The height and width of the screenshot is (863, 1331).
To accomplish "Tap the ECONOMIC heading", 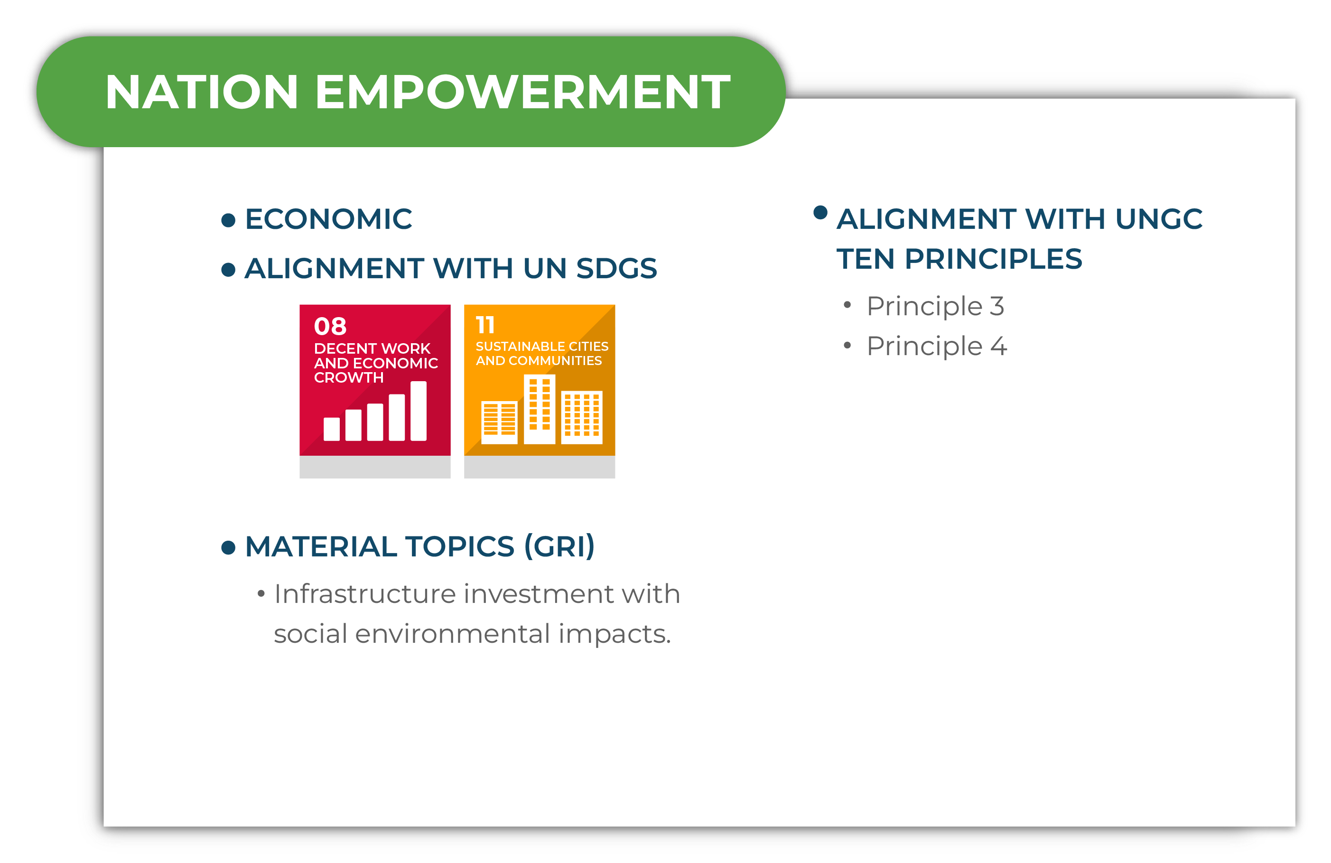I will (x=328, y=219).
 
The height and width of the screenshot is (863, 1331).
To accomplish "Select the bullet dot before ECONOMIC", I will (x=228, y=220).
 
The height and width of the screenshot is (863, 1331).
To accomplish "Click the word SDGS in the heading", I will (x=616, y=269).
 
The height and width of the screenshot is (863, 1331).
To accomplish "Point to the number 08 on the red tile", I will (x=330, y=326).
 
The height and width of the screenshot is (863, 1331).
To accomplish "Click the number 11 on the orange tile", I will (x=485, y=325).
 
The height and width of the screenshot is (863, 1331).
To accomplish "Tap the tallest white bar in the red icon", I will (x=419, y=411).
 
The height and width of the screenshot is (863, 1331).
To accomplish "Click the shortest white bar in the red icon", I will (x=332, y=429).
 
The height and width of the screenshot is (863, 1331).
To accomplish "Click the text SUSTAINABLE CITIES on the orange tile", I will (x=541, y=346).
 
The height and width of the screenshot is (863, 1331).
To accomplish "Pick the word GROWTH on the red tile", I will (x=348, y=377).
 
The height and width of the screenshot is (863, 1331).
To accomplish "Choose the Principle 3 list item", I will (x=935, y=306).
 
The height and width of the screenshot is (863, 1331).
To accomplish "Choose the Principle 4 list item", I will (x=937, y=346).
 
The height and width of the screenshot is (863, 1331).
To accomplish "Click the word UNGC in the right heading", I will (x=1159, y=219).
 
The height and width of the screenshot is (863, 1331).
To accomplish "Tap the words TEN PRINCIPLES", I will (x=959, y=259).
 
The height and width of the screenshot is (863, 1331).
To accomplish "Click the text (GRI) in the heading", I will (x=559, y=546).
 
